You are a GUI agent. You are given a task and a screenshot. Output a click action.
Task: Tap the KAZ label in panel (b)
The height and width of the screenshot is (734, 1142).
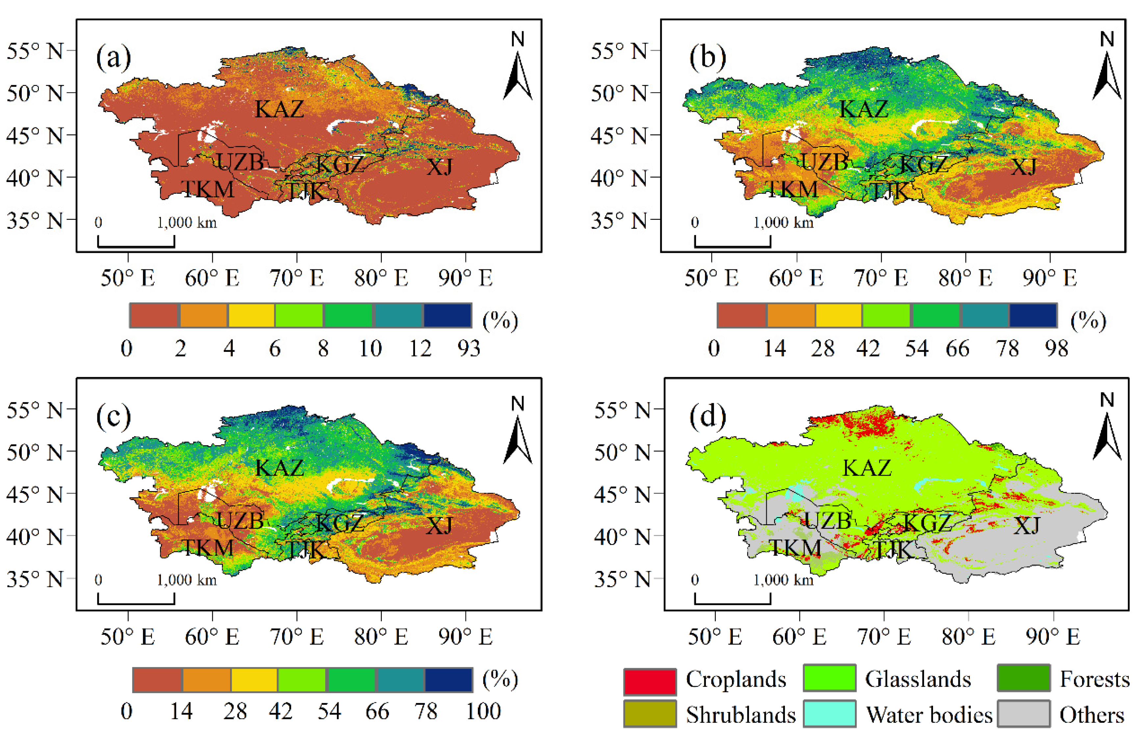863,109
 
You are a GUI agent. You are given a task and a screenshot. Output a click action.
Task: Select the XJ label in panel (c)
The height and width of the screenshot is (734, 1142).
439,525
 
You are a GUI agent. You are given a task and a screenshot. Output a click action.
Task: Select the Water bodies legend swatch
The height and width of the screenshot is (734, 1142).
829,714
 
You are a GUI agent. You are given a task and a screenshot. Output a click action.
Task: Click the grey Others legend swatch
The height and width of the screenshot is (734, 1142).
1024,714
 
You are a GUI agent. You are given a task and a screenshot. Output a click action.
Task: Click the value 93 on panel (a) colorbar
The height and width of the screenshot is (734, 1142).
469,349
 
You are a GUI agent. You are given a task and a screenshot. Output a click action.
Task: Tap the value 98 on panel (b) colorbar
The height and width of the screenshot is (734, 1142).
1057,349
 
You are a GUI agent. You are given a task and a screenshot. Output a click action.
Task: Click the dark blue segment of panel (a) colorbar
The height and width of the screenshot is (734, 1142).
447,315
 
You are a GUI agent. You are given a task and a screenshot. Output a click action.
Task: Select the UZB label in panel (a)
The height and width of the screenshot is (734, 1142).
240,162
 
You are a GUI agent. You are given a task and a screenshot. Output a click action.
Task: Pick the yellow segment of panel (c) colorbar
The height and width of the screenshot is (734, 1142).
254,680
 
